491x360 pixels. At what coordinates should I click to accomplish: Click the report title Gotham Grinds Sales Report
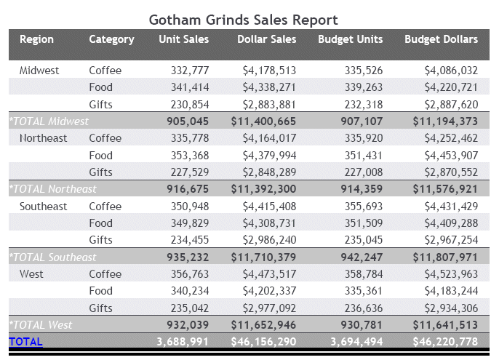[243, 20]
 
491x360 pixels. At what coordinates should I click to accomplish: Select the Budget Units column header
[350, 39]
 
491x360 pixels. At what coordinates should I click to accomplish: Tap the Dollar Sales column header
[266, 39]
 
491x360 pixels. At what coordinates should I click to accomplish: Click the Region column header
[36, 39]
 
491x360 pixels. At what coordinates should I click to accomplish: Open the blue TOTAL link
[25, 342]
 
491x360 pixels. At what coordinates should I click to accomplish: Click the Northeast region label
[43, 138]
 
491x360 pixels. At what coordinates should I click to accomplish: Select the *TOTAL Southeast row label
[52, 257]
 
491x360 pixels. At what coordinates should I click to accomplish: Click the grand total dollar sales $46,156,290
[263, 342]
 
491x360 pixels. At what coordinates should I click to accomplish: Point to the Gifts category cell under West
[101, 308]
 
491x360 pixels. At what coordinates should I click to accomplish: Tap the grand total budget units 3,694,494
[356, 342]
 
